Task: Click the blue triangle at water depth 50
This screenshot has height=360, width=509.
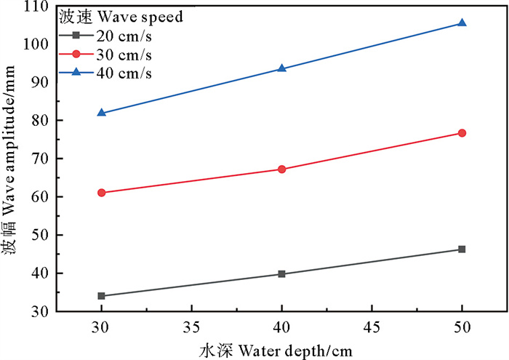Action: [x=462, y=23]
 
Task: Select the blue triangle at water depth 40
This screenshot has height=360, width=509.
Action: [x=282, y=68]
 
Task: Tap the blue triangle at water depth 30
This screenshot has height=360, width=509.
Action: [x=102, y=113]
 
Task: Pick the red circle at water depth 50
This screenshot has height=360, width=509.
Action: [x=462, y=133]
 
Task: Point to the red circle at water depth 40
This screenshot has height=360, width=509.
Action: [x=282, y=169]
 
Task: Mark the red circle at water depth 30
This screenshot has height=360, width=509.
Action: [x=102, y=193]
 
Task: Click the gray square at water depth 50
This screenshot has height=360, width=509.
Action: [x=462, y=249]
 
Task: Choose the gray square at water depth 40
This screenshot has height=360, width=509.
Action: [x=282, y=274]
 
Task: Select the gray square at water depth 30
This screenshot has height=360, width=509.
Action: [x=102, y=296]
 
